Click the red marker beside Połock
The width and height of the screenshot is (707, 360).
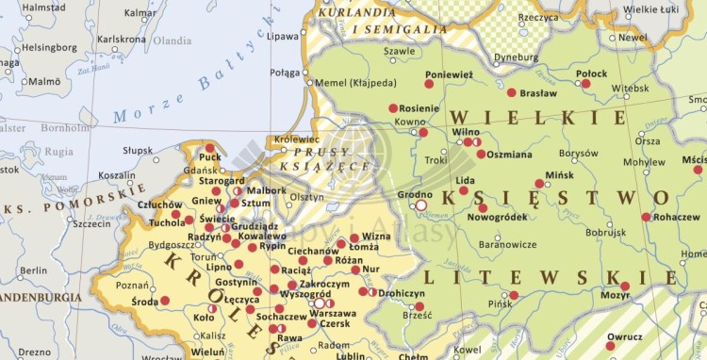[585, 84]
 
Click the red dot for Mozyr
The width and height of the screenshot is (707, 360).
[625, 286]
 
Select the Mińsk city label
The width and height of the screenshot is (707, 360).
[559, 175]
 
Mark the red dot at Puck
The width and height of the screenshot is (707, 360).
[209, 147]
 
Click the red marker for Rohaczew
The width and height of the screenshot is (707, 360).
[646, 217]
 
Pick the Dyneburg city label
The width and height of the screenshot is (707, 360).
[517, 57]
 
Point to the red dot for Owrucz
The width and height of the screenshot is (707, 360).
[611, 346]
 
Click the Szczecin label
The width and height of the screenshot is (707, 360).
[91, 224]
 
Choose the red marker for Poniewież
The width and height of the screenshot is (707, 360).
[429, 84]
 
